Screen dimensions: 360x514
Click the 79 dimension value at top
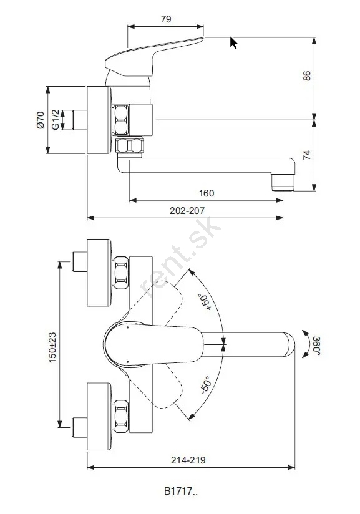166,19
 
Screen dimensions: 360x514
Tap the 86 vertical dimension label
306,75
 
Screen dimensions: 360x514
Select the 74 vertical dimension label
306,155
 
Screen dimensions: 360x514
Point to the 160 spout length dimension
207,193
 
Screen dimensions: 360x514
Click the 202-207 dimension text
187,210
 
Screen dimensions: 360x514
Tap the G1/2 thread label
56,120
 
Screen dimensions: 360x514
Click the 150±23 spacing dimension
52,347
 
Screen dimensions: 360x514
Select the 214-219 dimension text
188,460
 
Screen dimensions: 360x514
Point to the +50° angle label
204,302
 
